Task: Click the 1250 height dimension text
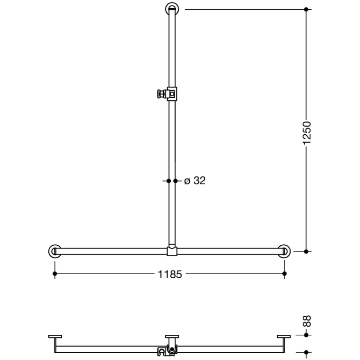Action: tap(307, 133)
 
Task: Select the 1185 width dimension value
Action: tap(170, 275)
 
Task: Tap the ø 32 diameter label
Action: tap(194, 181)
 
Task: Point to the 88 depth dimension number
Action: tap(307, 321)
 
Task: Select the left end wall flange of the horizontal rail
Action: tap(55, 251)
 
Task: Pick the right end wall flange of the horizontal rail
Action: tap(284, 251)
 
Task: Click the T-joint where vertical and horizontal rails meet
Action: tap(172, 251)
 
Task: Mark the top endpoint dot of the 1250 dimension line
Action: tap(307, 9)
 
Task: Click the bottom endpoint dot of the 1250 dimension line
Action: tap(307, 251)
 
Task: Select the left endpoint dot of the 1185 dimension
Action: tap(55, 274)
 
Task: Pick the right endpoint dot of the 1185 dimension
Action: tap(284, 274)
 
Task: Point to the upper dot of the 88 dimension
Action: tap(307, 335)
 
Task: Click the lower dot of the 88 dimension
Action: tap(307, 353)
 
